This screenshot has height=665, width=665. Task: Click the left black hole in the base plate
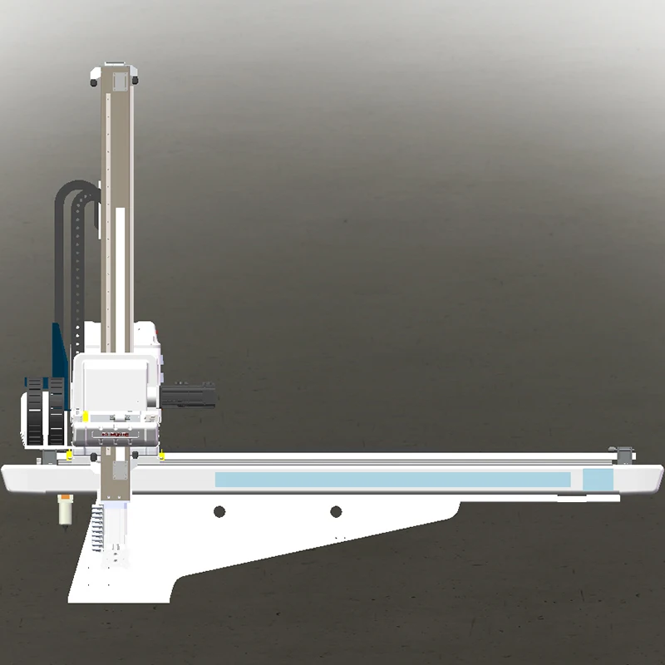tap(219, 511)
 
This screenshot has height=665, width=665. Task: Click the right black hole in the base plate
tap(336, 511)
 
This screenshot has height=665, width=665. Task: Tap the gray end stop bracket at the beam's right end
tap(624, 453)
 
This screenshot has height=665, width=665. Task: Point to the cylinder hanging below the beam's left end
tap(63, 509)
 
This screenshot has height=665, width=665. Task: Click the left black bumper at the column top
tap(94, 81)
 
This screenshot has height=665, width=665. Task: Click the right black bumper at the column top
tap(135, 81)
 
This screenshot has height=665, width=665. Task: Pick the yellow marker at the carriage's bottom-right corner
tap(162, 456)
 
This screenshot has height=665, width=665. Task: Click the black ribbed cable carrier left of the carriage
tap(46, 411)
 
